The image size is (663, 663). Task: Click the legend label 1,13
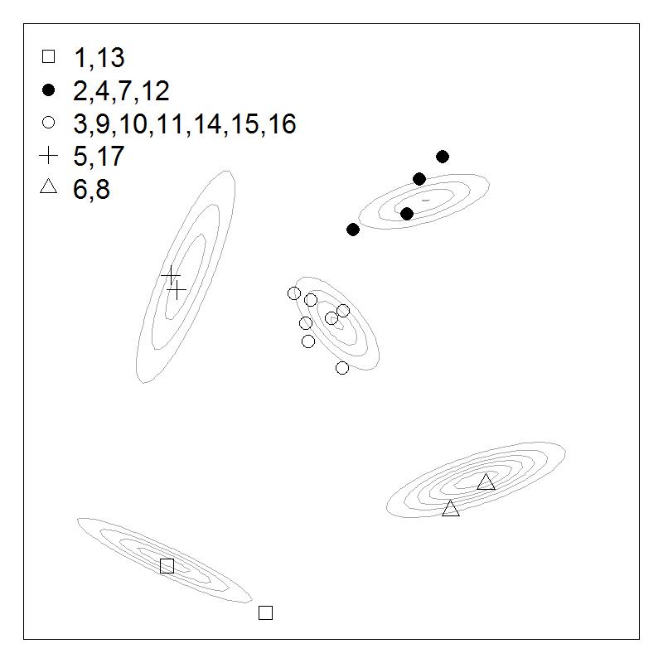point(99,57)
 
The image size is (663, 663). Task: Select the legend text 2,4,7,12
point(121,90)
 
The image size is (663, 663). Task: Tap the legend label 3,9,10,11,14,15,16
point(185,123)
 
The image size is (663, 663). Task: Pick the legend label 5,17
point(99,156)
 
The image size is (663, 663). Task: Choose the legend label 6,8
point(91,189)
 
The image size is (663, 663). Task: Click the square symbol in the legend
point(49,56)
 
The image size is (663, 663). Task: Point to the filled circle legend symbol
point(49,90)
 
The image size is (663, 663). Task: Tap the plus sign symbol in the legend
point(49,156)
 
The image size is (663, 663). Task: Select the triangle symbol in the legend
point(49,187)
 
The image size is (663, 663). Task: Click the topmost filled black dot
point(443,157)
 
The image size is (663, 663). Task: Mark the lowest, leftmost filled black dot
point(353,230)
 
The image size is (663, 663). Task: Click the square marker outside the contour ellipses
point(265,612)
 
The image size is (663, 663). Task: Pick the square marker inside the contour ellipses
point(167,566)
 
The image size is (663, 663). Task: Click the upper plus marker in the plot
point(171,275)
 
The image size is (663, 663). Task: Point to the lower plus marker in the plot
point(177,290)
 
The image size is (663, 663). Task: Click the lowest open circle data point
point(342,368)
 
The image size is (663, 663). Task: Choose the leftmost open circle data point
point(294,293)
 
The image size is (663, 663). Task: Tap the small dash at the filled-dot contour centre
point(426,201)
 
